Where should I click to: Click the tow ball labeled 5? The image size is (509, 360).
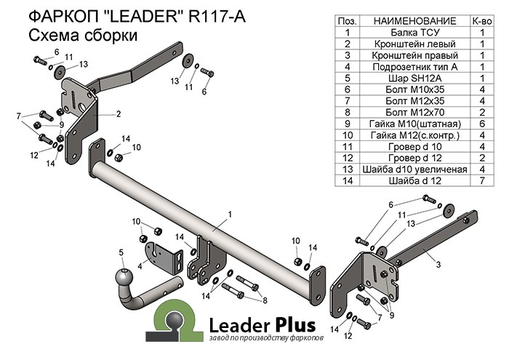[x=124, y=277]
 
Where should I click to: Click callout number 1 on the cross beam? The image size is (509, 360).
[x=229, y=214]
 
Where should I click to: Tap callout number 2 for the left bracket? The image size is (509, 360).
[x=117, y=114]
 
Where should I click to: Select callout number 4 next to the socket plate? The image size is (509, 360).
[x=140, y=265]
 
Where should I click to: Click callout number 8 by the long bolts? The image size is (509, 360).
[x=265, y=300]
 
